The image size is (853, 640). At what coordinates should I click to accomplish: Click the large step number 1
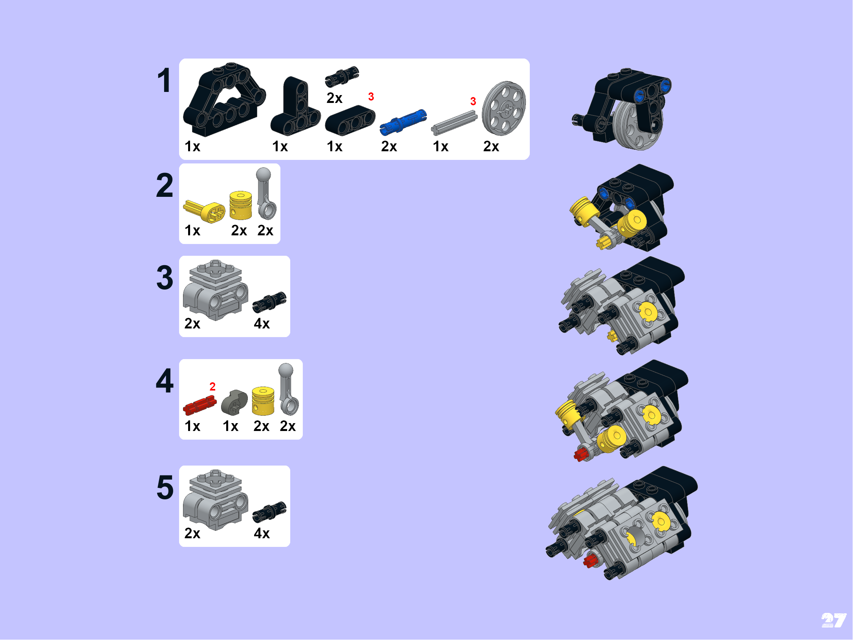tap(164, 81)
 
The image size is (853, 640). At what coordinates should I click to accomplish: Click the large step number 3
tap(165, 278)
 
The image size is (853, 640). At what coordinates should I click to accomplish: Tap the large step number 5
tap(165, 488)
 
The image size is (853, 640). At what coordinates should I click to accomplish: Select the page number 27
tap(833, 621)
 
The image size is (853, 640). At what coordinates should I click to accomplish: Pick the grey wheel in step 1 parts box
tap(504, 108)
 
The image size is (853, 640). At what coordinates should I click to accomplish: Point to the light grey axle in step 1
tap(454, 123)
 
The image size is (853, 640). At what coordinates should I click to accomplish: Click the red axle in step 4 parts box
tap(200, 405)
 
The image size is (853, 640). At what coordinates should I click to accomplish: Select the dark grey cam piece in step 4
tap(234, 402)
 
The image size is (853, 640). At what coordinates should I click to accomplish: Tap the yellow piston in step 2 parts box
tap(240, 205)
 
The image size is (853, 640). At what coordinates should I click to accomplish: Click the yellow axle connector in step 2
tap(205, 211)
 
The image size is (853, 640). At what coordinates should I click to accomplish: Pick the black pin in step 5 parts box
tap(269, 512)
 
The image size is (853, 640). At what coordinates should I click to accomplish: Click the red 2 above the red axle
tap(212, 387)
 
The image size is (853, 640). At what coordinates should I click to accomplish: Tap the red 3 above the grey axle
tap(473, 101)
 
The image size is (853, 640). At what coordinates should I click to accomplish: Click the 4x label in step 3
tap(262, 323)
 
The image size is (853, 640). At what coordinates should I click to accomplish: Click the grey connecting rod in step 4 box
tap(288, 389)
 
